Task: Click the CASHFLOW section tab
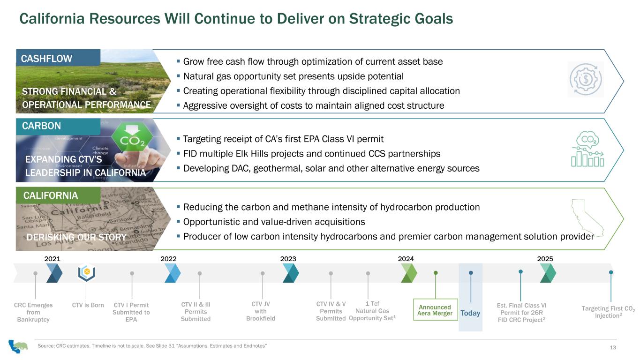58,58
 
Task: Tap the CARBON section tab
58,126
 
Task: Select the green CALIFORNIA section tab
58,195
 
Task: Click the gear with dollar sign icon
586,79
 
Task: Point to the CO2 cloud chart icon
587,149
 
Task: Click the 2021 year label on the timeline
53,259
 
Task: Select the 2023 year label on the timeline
288,259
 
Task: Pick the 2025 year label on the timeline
545,259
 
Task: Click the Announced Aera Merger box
435,310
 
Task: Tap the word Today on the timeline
470,313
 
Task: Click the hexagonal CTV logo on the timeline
87,272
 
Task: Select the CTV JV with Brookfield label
261,311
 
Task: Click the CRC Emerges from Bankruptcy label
33,312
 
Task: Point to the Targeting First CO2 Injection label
608,312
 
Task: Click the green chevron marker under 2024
409,273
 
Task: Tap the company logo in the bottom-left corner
18,346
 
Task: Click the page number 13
613,347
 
